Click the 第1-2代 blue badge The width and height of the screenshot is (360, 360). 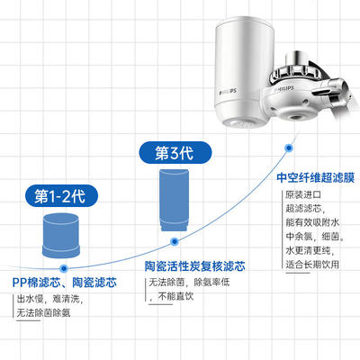[61, 196]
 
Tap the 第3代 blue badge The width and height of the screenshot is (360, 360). [175, 153]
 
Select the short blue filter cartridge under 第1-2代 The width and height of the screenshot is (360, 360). [61, 236]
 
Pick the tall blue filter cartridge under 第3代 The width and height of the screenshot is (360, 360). [174, 200]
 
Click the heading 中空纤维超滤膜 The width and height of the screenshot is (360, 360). [316, 177]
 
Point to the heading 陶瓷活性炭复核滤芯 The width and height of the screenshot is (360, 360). [195, 266]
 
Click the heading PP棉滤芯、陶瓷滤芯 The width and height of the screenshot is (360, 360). [65, 283]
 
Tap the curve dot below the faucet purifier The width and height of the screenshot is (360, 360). [289, 148]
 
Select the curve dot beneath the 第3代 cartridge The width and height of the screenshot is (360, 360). [175, 241]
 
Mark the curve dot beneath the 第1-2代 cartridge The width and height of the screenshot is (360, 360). [64, 268]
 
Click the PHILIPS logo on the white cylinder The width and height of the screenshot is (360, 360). [228, 92]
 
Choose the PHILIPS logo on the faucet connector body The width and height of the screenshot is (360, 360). [283, 89]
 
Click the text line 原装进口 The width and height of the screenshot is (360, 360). [303, 194]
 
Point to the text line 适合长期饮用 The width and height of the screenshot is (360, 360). [312, 265]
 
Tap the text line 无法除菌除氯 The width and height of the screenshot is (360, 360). [43, 313]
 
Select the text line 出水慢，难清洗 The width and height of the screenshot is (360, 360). [49, 299]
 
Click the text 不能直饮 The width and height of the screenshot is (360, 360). [175, 297]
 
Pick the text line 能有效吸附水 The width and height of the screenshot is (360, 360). [312, 222]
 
